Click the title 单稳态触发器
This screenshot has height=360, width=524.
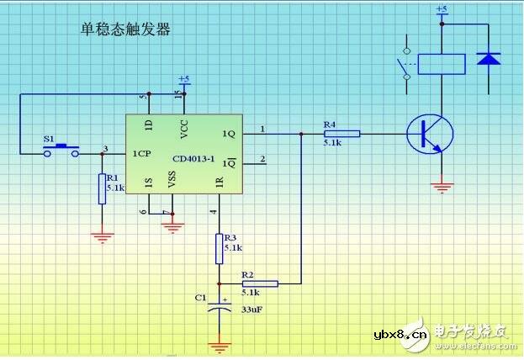(125, 30)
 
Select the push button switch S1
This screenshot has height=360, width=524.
(61, 150)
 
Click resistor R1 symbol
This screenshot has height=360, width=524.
(102, 188)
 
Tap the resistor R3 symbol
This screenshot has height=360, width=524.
(220, 248)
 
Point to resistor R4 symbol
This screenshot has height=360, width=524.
(341, 133)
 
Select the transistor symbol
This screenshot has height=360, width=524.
(429, 134)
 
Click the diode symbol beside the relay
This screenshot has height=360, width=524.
(488, 60)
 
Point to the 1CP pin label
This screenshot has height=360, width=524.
(140, 154)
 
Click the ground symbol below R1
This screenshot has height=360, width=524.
(102, 237)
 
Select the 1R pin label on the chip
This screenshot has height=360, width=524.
(220, 181)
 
